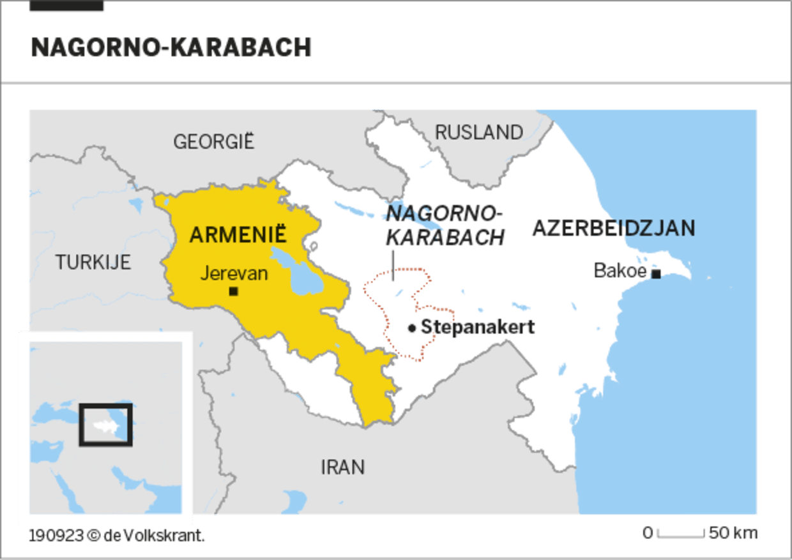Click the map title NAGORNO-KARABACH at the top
pyautogui.click(x=171, y=47)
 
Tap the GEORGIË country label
pyautogui.click(x=213, y=141)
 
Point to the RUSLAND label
pyautogui.click(x=479, y=132)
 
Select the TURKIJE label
pyautogui.click(x=93, y=262)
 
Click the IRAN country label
pyautogui.click(x=342, y=467)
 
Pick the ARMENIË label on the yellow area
pyautogui.click(x=238, y=234)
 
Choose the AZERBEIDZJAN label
pyautogui.click(x=613, y=228)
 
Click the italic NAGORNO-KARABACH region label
pyautogui.click(x=445, y=225)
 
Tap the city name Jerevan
pyautogui.click(x=234, y=273)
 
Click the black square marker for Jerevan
pyautogui.click(x=233, y=292)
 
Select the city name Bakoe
pyautogui.click(x=620, y=270)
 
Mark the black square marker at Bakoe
pyautogui.click(x=655, y=274)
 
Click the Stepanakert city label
pyautogui.click(x=477, y=328)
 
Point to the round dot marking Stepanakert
pyautogui.click(x=412, y=328)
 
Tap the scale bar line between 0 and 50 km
pyautogui.click(x=681, y=535)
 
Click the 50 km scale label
pyautogui.click(x=733, y=533)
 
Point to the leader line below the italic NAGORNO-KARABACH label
pyautogui.click(x=393, y=266)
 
